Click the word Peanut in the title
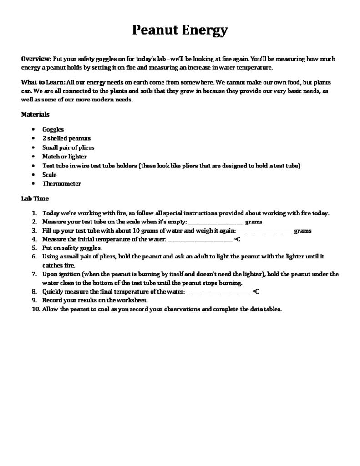[x=154, y=30]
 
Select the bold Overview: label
[x=36, y=59]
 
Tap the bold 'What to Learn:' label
[x=43, y=82]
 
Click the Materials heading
[x=35, y=114]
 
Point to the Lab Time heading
[x=35, y=198]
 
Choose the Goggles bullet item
[x=53, y=129]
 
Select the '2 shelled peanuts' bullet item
[x=66, y=138]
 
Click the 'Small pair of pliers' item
[x=68, y=147]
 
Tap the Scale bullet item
[x=50, y=175]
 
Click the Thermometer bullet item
[x=61, y=184]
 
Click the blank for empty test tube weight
[x=216, y=223]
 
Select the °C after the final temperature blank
[x=256, y=292]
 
